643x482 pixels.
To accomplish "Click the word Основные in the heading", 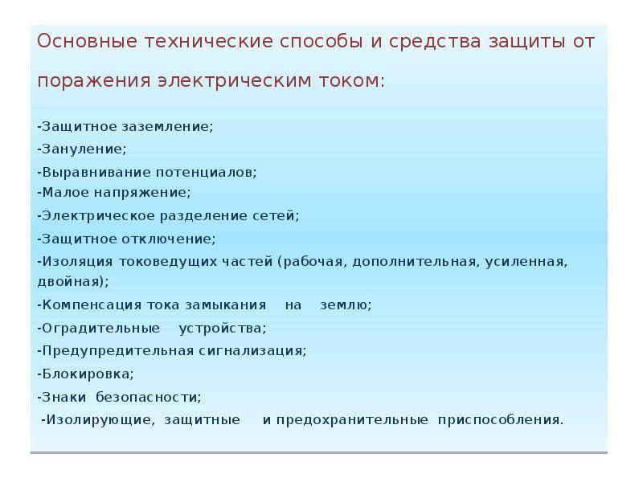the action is [x=87, y=42].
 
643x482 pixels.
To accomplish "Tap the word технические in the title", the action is [x=209, y=42].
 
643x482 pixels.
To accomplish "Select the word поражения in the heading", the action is [x=94, y=81].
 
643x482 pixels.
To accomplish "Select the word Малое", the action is [x=66, y=192].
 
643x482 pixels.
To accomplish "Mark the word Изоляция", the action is [x=77, y=262].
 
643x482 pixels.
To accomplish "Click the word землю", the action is [x=345, y=305].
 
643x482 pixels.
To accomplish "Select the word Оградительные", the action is [x=101, y=329].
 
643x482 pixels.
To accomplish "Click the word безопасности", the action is [x=149, y=397].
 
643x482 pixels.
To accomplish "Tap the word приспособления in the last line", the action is [x=501, y=419].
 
